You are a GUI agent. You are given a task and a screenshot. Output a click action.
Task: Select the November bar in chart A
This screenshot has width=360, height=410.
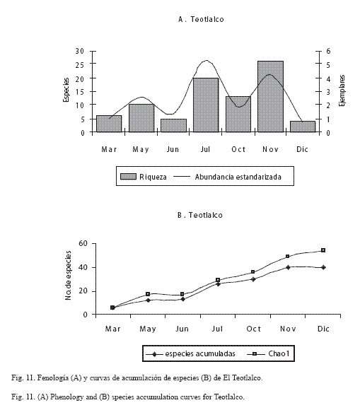(x=270, y=96)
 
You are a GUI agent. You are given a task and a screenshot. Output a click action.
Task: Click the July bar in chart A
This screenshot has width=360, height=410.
(x=206, y=105)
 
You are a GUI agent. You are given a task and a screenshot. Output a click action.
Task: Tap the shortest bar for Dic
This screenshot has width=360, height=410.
(x=303, y=127)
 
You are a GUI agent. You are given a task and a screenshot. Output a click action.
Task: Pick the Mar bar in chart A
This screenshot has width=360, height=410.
(x=109, y=124)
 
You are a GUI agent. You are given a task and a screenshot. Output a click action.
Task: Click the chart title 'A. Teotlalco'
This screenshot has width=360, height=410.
(x=201, y=19)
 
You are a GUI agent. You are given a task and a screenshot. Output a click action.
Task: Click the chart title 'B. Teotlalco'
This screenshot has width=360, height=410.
(x=200, y=215)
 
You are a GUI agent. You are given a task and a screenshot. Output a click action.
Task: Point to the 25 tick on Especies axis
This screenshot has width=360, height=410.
(x=80, y=64)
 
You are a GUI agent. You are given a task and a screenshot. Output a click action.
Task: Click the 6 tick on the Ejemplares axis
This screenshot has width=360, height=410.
(x=328, y=51)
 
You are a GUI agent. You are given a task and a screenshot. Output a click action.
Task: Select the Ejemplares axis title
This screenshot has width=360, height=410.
(x=342, y=90)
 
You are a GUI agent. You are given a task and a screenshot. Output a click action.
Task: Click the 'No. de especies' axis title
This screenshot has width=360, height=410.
(x=68, y=276)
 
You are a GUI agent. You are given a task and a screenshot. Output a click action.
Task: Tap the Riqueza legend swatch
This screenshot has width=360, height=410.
(x=128, y=177)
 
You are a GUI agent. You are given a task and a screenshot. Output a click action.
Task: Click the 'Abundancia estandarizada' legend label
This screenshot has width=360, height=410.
(x=238, y=177)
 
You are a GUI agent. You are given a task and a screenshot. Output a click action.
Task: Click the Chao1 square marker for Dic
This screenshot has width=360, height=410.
(x=323, y=250)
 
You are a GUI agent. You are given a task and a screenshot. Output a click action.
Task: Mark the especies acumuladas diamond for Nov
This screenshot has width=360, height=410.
(x=288, y=267)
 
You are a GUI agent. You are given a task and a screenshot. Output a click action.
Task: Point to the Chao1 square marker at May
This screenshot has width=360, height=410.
(x=148, y=294)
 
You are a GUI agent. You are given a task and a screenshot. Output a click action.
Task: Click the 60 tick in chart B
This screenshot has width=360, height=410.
(x=83, y=243)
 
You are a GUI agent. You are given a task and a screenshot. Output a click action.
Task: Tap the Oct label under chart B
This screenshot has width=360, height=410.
(x=253, y=329)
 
